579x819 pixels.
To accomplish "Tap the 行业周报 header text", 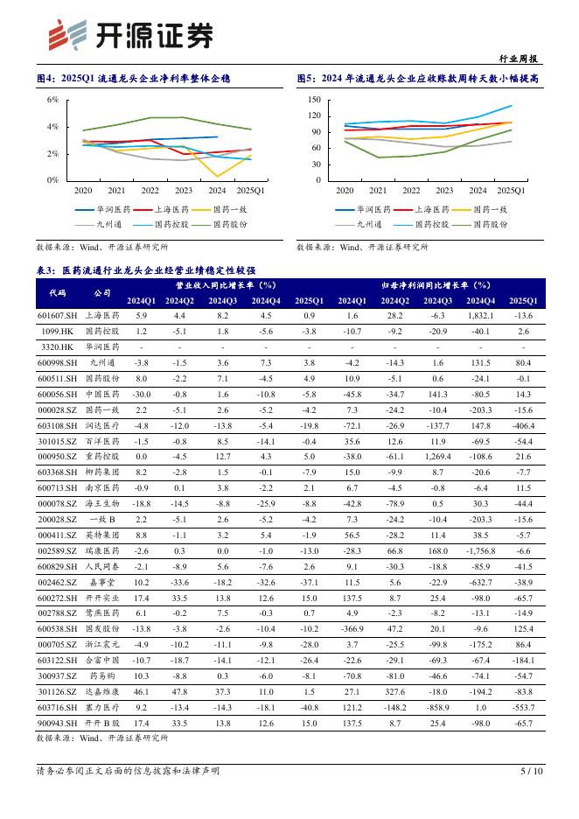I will pyautogui.click(x=520, y=59).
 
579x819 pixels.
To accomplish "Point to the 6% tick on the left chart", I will pyautogui.click(x=52, y=100).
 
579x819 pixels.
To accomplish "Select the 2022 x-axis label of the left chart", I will pyautogui.click(x=150, y=190).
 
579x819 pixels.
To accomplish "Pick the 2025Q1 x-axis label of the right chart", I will pyautogui.click(x=511, y=190).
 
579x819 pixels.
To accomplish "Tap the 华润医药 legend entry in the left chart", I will pyautogui.click(x=104, y=210).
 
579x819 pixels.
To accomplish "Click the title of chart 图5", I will pyautogui.click(x=417, y=79).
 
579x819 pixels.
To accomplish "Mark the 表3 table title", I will pyautogui.click(x=146, y=271).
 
